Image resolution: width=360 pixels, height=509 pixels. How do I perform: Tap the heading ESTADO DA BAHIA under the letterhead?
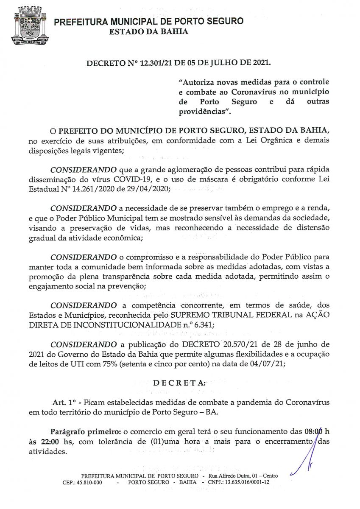click(148, 31)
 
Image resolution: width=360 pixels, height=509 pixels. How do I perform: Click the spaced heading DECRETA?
click(179, 383)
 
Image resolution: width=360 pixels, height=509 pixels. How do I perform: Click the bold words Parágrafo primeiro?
click(86, 432)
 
